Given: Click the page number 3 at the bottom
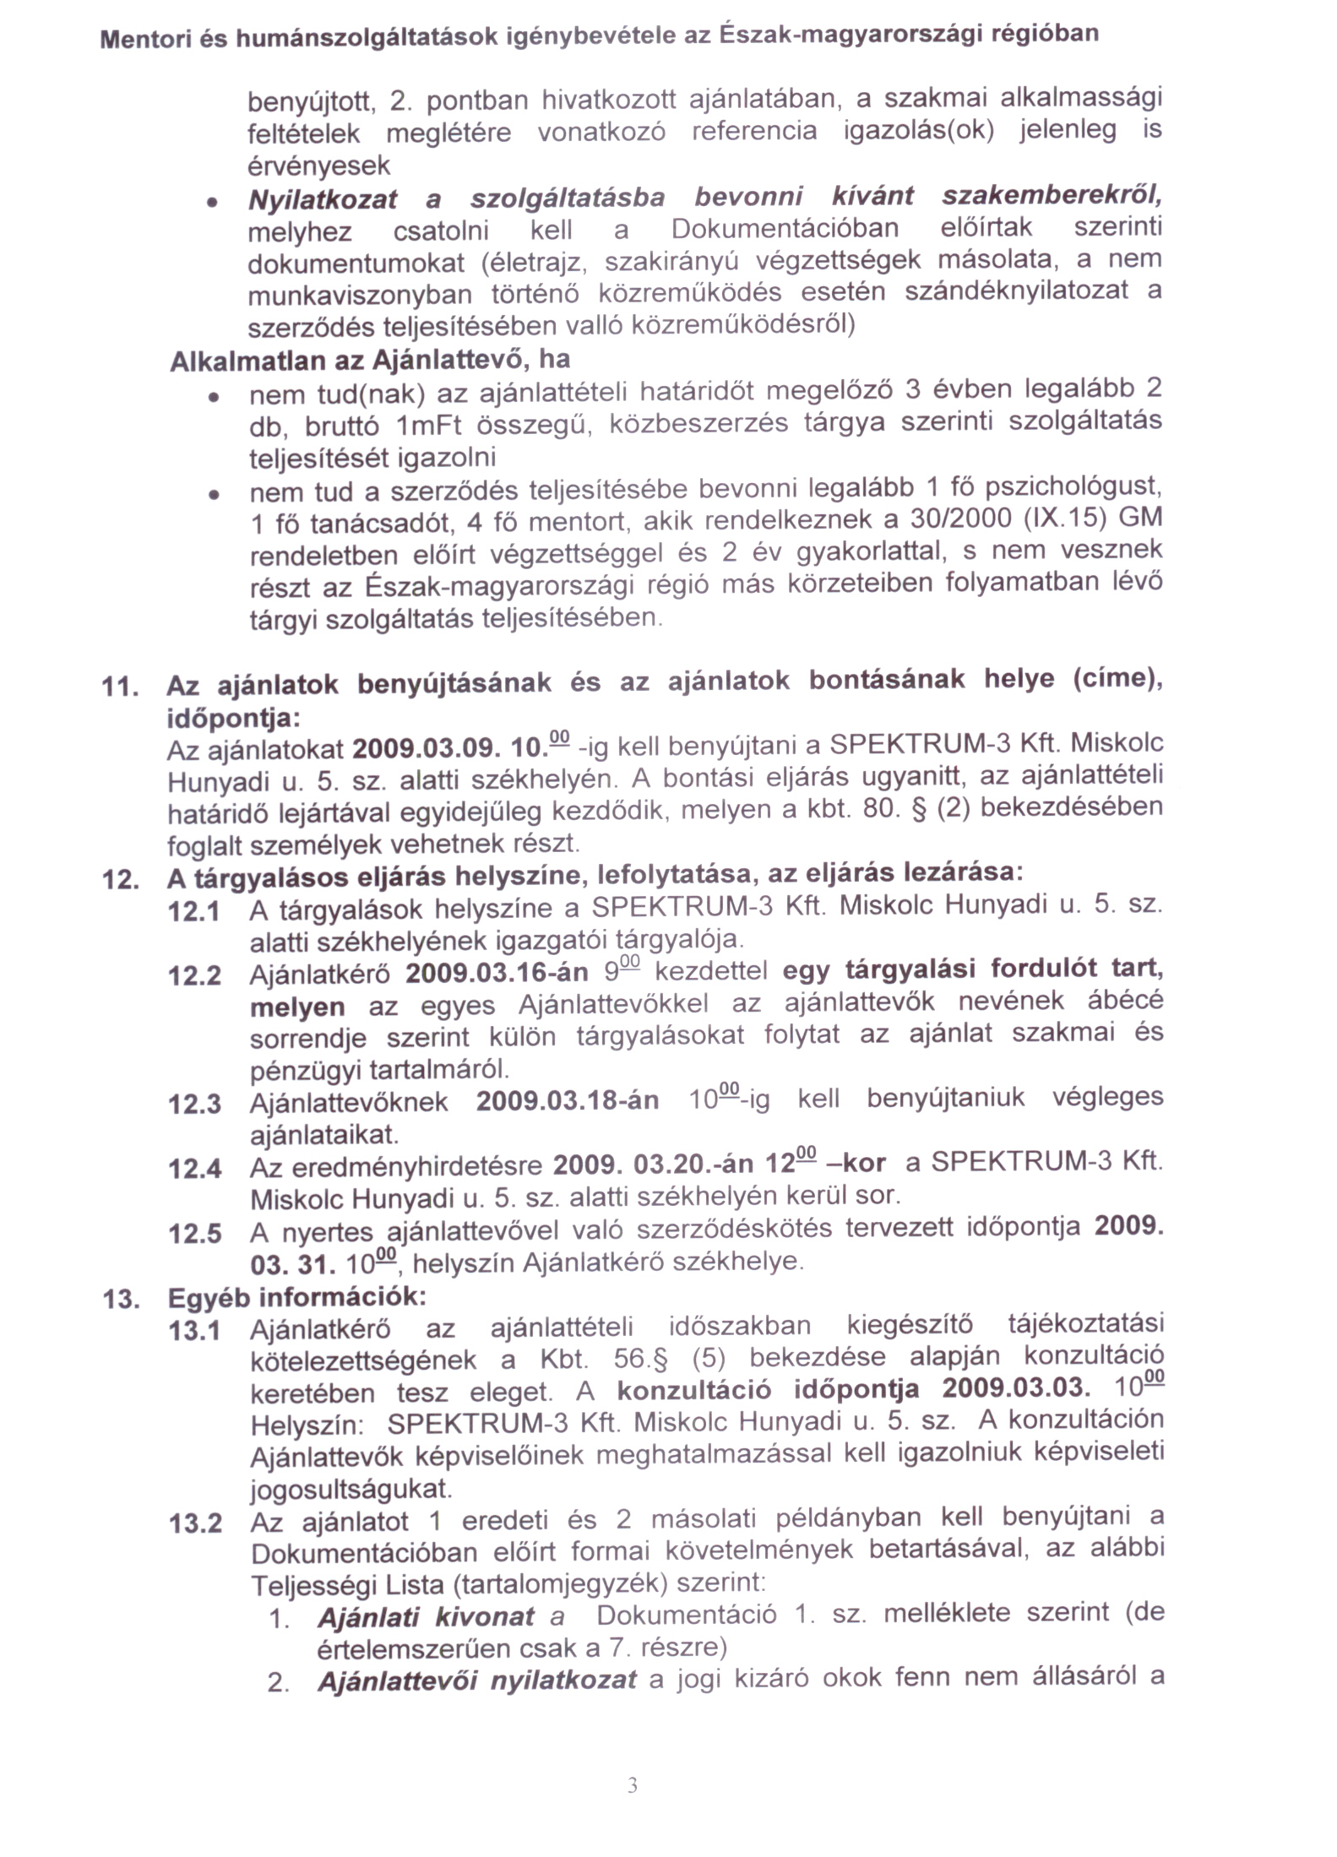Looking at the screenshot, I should pos(633,1784).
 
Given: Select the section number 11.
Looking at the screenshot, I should pos(119,687).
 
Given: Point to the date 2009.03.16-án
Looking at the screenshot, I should pos(497,973).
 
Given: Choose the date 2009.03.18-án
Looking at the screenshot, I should pos(568,1102).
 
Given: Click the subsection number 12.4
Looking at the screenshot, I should pos(194,1169).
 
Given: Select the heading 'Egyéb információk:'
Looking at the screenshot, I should pos(297,1296).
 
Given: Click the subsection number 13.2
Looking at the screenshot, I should pos(195,1523).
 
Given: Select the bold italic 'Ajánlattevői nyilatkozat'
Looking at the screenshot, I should pos(476,1681).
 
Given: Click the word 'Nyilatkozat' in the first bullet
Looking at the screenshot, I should pos(323,199).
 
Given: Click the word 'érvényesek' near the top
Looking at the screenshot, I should pos(318,166).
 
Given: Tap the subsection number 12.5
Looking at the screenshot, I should pos(194,1234).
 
